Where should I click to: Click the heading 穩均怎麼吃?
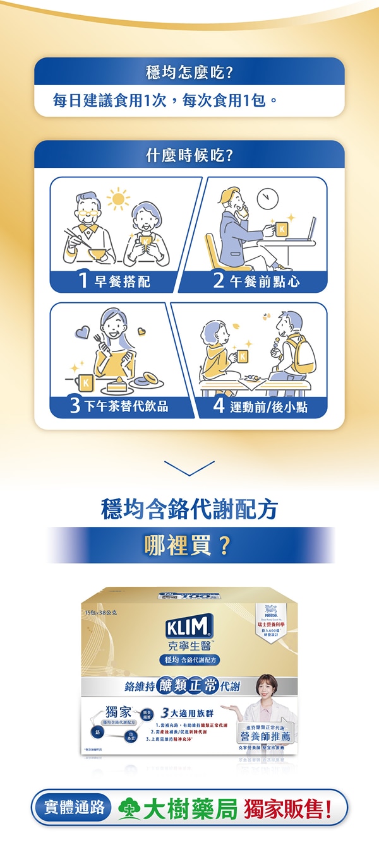tap(189, 72)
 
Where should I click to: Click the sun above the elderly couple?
tap(117, 199)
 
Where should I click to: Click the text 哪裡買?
tap(189, 545)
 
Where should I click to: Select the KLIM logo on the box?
tap(189, 628)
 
